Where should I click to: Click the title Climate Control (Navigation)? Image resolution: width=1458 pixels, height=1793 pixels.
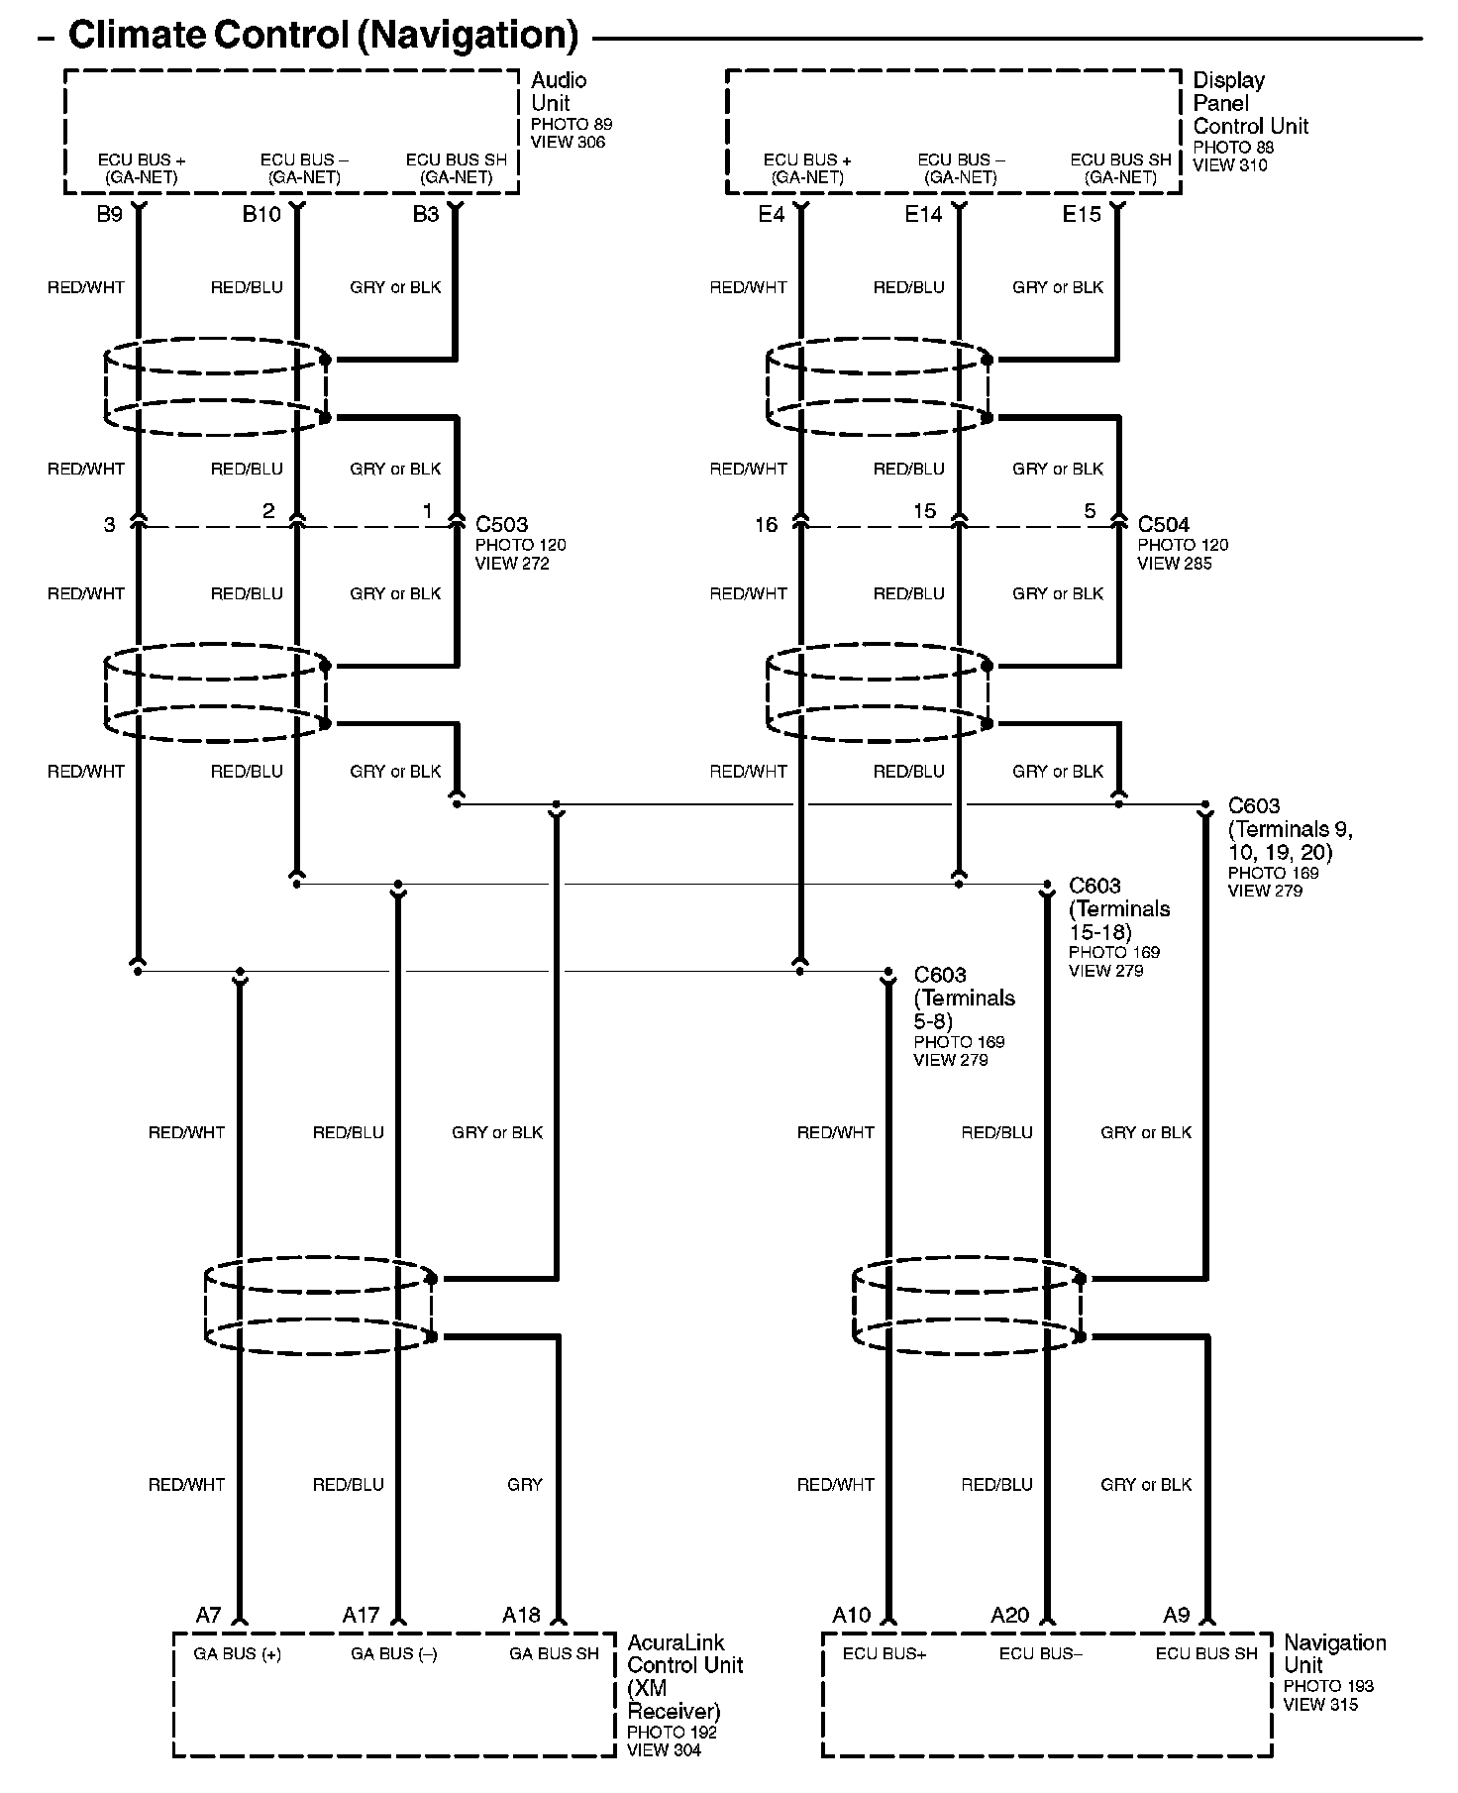click(x=323, y=36)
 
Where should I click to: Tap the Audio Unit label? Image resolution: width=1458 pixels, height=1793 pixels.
click(x=559, y=91)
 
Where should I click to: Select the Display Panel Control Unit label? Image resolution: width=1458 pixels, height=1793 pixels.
click(x=1250, y=103)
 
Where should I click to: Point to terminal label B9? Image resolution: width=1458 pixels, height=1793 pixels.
click(x=109, y=214)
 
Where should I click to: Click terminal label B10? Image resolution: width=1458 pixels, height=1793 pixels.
click(x=261, y=214)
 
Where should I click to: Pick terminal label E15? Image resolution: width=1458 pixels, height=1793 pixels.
click(x=1082, y=214)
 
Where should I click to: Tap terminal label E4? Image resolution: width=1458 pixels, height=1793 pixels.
click(x=772, y=214)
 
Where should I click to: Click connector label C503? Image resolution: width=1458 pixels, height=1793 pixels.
click(x=502, y=524)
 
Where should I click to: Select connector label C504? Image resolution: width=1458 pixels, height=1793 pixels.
click(x=1164, y=524)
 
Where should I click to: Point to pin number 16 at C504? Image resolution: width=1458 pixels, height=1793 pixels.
click(x=766, y=525)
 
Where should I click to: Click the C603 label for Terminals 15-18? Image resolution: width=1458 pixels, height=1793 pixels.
click(x=1094, y=886)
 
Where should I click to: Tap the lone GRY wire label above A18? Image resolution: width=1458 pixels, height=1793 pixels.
click(x=524, y=1484)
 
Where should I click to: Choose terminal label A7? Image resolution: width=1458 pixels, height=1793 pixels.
click(x=208, y=1616)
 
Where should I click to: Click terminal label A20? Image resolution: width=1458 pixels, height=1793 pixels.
click(x=1010, y=1616)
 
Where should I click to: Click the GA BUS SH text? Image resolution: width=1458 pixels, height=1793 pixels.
click(x=554, y=1653)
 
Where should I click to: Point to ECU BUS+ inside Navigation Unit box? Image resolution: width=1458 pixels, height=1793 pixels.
click(x=884, y=1653)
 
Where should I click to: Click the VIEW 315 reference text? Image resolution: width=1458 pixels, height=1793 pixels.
click(x=1320, y=1705)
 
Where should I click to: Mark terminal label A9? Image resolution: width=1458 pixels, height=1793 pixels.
click(x=1176, y=1616)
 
